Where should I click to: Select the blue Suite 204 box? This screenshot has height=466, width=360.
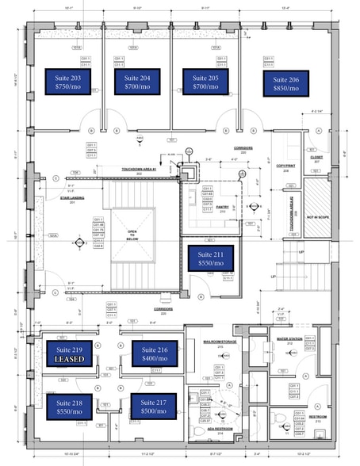click(x=137, y=82)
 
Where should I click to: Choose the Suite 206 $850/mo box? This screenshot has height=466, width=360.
click(x=285, y=83)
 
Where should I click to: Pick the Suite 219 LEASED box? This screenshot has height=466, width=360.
click(x=69, y=353)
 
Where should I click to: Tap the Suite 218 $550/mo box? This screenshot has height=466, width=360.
click(x=69, y=407)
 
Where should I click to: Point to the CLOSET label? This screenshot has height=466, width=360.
click(x=316, y=158)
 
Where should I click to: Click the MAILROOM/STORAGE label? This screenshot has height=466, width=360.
click(x=216, y=320)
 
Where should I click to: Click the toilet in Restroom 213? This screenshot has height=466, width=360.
click(x=279, y=420)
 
